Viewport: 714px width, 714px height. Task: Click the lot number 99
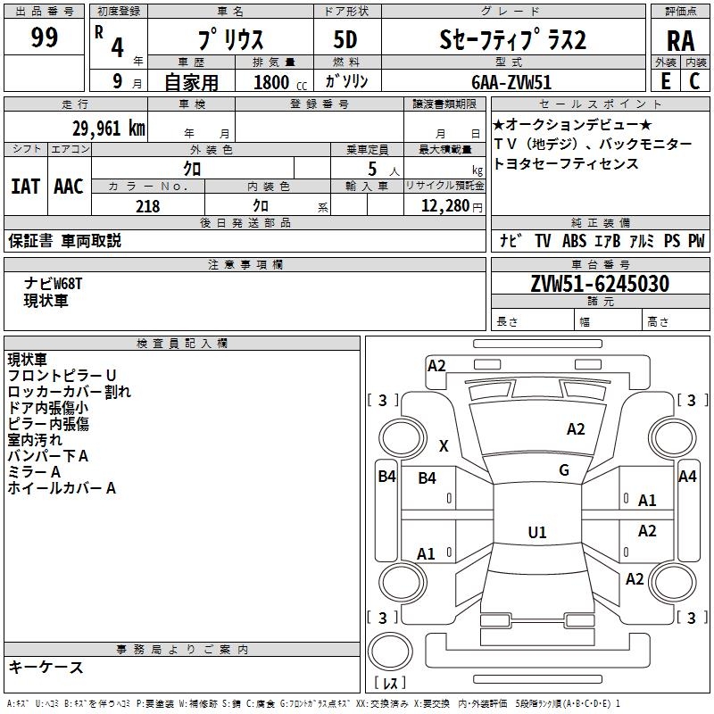point(44,37)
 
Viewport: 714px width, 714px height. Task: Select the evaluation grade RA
point(680,40)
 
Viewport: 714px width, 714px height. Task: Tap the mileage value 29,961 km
point(108,129)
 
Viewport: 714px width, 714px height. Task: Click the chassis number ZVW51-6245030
point(600,285)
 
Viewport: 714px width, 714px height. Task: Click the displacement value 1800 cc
point(278,82)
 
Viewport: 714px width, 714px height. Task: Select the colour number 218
point(147,206)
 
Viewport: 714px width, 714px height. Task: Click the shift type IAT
point(25,187)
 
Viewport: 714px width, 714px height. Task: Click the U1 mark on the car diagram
point(537,533)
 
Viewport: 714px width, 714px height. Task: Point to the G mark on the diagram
point(564,470)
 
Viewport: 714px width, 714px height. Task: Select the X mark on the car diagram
point(444,446)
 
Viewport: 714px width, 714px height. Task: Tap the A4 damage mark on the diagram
point(687,477)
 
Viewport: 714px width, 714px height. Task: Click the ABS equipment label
point(576,241)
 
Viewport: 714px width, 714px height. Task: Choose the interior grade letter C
point(694,81)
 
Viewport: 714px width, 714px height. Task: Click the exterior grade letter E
point(665,81)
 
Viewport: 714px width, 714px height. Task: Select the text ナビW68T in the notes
point(54,284)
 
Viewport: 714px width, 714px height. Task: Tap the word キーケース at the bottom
point(46,668)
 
